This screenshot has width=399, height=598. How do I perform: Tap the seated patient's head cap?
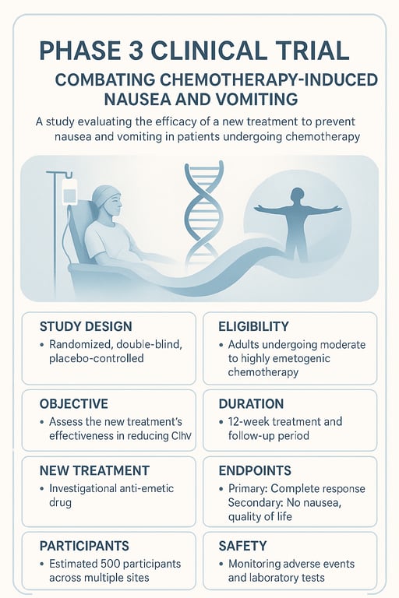point(104,195)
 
